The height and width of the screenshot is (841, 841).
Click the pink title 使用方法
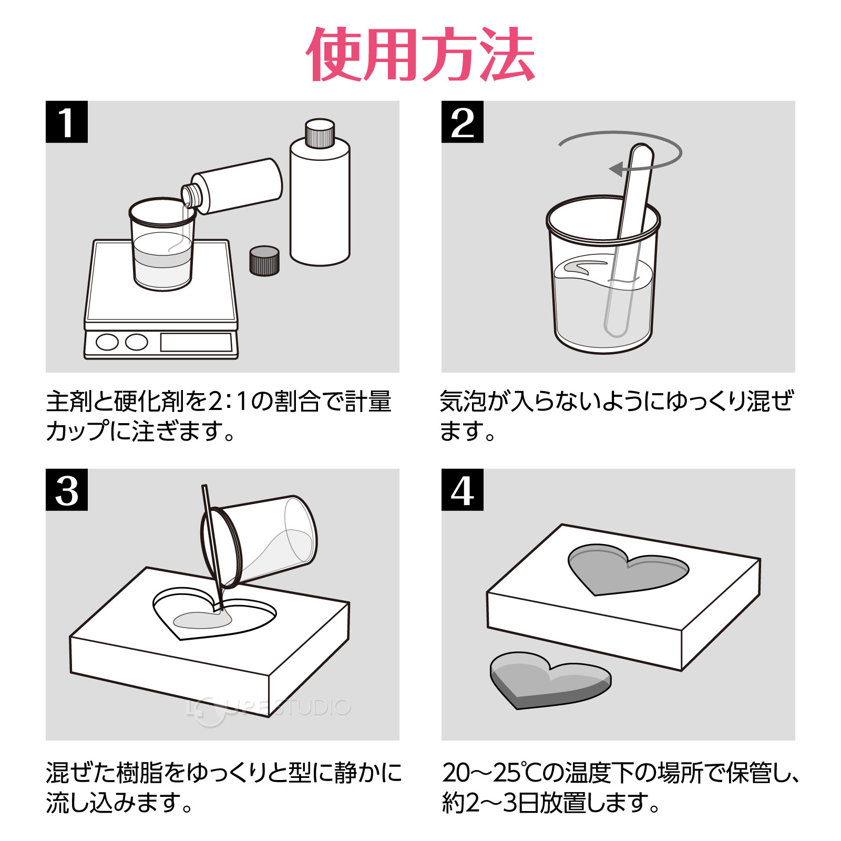click(420, 55)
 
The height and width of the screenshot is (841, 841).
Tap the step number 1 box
click(66, 122)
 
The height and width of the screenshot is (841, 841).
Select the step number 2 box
click(462, 122)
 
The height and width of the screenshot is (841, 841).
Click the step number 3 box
click(66, 490)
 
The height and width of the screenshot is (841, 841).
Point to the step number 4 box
click(462, 490)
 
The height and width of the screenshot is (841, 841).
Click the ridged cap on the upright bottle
click(320, 134)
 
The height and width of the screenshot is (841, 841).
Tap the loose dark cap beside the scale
click(264, 260)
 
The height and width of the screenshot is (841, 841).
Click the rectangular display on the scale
click(196, 342)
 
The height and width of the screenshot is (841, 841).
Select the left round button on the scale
click(107, 342)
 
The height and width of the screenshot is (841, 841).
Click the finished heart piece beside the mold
click(549, 681)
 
